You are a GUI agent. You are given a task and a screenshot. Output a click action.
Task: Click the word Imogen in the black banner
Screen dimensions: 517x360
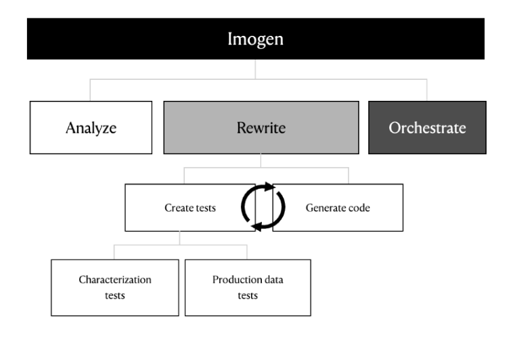tap(256, 39)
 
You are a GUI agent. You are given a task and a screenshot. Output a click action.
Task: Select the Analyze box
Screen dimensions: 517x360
tap(91, 128)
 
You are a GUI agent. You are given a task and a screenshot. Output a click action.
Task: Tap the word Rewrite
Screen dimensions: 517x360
tap(261, 128)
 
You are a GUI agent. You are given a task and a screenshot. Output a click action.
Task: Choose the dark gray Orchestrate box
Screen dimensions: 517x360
tap(427, 128)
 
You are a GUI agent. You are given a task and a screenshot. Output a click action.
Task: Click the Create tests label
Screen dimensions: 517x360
tap(190, 208)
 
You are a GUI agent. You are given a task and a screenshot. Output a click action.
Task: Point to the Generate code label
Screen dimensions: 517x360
tap(338, 208)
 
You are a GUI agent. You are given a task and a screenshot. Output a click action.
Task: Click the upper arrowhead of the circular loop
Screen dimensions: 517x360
tap(270, 187)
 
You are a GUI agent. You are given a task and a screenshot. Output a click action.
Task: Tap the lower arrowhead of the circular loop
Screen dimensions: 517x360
tap(256, 227)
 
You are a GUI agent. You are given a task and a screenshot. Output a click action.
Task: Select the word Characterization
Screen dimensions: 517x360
tap(115, 279)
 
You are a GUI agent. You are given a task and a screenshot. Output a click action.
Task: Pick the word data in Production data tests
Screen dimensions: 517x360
tap(273, 279)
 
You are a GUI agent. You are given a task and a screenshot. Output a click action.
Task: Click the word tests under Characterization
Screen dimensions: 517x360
tap(115, 296)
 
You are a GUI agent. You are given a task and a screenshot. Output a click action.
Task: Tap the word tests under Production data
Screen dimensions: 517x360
tap(248, 296)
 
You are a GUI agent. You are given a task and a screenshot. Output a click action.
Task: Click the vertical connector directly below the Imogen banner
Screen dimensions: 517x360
tap(255, 69)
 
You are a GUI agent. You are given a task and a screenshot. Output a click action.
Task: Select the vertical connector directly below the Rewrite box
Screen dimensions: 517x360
tap(261, 160)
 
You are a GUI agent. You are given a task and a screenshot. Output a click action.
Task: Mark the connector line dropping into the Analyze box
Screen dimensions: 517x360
tap(90, 90)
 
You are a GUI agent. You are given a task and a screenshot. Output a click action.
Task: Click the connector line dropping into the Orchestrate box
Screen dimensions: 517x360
tap(427, 90)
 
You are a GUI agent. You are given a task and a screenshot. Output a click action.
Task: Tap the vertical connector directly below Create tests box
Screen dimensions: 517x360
tap(180, 238)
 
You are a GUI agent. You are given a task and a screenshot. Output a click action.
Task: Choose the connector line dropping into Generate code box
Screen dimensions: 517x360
tap(349, 176)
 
